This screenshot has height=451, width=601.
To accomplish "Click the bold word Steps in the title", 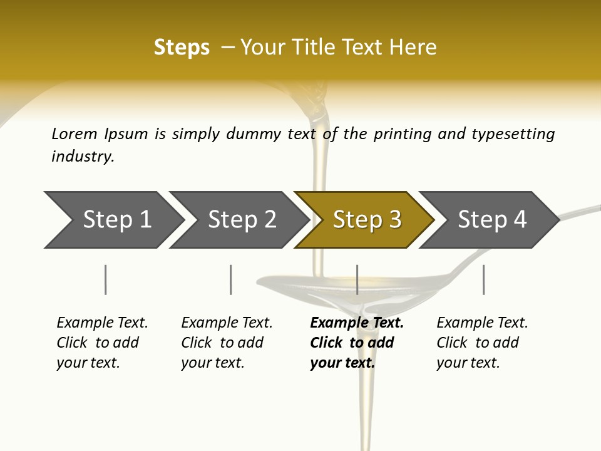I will pyautogui.click(x=182, y=48).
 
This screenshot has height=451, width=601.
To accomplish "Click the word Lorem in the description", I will pyautogui.click(x=74, y=133).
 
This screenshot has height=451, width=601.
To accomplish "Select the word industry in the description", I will pyautogui.click(x=83, y=157).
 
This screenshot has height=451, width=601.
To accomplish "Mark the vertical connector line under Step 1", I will pyautogui.click(x=106, y=279).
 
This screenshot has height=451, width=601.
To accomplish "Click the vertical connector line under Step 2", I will pyautogui.click(x=231, y=279).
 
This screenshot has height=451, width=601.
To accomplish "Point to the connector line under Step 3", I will pyautogui.click(x=357, y=279).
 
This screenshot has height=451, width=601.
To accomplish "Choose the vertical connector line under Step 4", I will pyautogui.click(x=483, y=279).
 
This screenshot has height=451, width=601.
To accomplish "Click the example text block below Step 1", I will pyautogui.click(x=102, y=343).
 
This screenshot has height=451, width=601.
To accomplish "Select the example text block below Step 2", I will pyautogui.click(x=227, y=343).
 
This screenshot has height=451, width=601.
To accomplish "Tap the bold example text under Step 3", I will pyautogui.click(x=357, y=343).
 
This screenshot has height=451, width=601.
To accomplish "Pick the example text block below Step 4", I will pyautogui.click(x=482, y=343).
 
